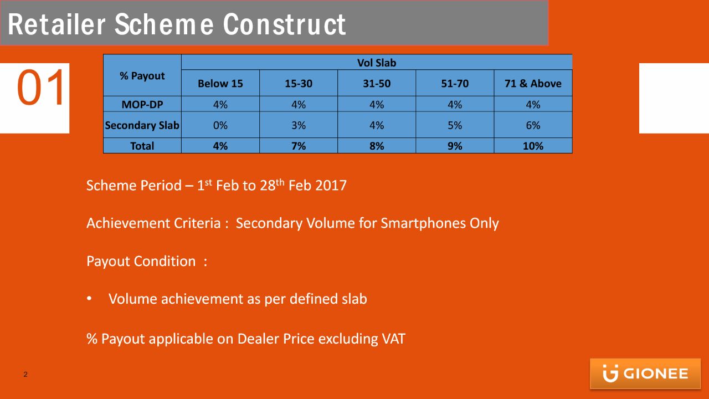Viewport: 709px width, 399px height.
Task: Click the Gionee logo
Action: [645, 374]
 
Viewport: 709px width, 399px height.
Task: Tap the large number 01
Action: [41, 88]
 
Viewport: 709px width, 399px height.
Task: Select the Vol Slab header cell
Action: [377, 63]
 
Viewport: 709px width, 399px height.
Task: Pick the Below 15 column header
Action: [220, 83]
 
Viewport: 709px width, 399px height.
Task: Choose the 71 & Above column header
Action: [533, 83]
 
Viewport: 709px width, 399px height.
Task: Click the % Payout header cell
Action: [142, 75]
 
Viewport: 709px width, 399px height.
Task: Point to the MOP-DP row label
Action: [142, 104]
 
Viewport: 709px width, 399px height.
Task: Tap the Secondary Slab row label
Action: [142, 125]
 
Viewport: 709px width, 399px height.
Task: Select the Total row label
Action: [142, 146]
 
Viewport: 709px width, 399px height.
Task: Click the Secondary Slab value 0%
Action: [220, 125]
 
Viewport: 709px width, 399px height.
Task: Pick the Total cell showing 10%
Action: [533, 146]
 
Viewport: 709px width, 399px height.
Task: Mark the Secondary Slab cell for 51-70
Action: [455, 125]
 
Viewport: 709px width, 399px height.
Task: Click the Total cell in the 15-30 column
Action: [299, 146]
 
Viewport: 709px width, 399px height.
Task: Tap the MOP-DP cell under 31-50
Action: [377, 104]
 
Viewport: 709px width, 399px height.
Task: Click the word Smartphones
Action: [423, 223]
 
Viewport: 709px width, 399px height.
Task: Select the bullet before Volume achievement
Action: [89, 299]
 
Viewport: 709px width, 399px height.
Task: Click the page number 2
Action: [25, 374]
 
